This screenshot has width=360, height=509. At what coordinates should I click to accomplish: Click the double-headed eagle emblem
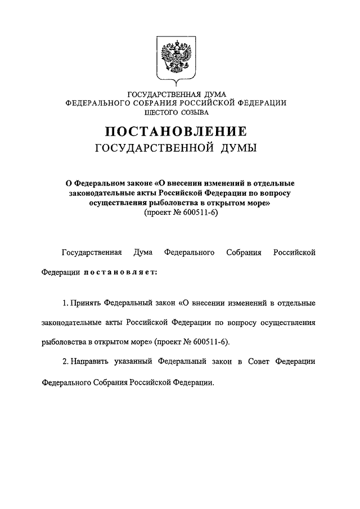click(176, 57)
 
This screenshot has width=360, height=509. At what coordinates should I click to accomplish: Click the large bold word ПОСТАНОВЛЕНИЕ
click(175, 132)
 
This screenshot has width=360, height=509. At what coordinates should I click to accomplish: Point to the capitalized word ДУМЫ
click(237, 148)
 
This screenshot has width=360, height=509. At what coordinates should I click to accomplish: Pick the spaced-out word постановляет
click(122, 273)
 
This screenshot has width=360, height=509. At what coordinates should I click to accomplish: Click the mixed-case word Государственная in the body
click(91, 253)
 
